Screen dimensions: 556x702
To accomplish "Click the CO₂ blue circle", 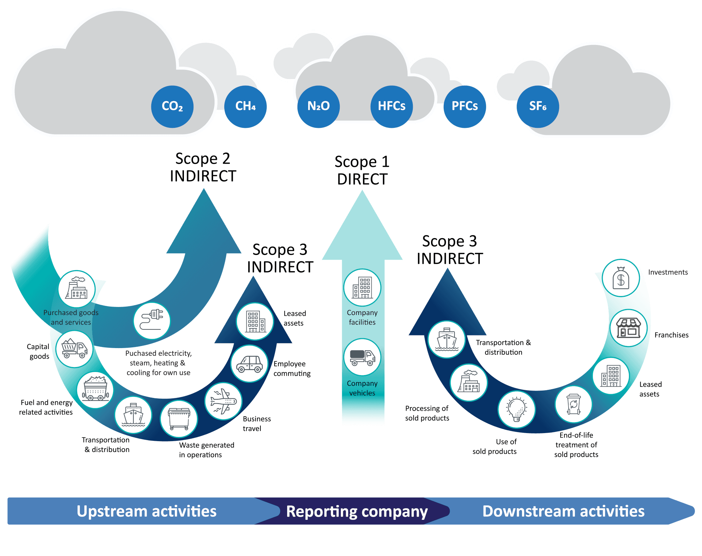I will pos(172,106).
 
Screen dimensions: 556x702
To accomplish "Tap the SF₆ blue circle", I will pos(538,106).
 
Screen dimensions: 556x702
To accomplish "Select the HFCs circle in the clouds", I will pos(391,106).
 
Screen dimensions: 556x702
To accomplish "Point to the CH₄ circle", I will pos(245,106).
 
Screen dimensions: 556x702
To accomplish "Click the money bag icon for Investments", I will pos(621,278).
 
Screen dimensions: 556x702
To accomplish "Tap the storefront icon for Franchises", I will pos(628,328).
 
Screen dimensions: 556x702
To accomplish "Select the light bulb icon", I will pos(516,410).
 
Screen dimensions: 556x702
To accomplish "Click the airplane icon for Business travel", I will pos(223,401).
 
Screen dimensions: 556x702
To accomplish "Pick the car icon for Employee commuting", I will pos(249,364).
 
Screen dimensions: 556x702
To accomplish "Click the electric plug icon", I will pos(152,321).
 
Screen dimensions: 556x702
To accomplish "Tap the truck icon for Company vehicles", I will pos(362,357).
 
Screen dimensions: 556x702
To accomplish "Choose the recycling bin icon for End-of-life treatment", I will pos(573,404).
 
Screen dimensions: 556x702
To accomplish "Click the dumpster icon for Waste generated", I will pos(179,419).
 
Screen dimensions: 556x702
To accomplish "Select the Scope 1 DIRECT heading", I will pos(362,170).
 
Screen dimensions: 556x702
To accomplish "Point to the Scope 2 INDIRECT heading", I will pos(203,167).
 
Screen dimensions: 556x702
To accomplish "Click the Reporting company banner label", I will pos(357,511).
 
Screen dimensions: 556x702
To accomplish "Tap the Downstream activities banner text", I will pos(563,511).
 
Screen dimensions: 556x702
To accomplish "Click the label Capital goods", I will pos(39,351).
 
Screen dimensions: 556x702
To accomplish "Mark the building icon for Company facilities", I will pos(362,288).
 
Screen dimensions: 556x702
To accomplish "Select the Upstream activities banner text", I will pos(146,511).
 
